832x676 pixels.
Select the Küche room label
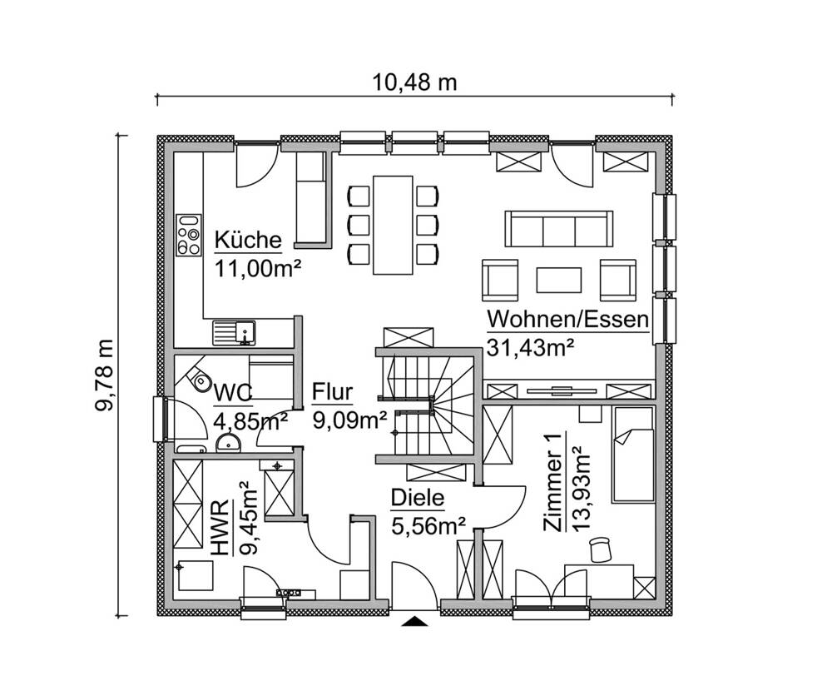(248, 241)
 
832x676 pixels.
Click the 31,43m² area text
(532, 348)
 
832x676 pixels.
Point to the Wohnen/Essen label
(567, 320)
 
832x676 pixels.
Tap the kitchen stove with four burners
(189, 235)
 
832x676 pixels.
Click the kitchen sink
(236, 332)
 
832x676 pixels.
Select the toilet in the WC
(199, 380)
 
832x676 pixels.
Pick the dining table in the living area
(394, 224)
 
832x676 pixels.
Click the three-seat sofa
(558, 228)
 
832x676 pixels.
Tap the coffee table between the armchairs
(559, 279)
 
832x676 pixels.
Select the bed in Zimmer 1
(634, 454)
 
